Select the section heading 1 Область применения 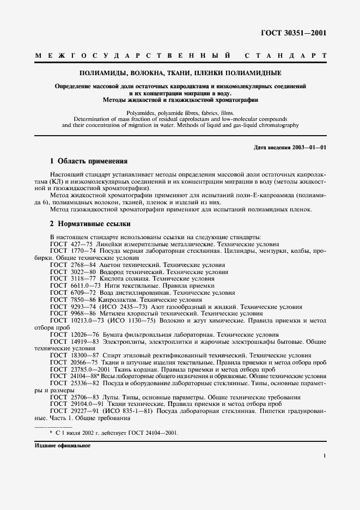point(88,161)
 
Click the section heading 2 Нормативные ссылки point(90,223)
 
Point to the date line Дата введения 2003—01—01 point(290,148)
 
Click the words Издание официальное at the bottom point(62,445)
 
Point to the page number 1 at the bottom point(324,456)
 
